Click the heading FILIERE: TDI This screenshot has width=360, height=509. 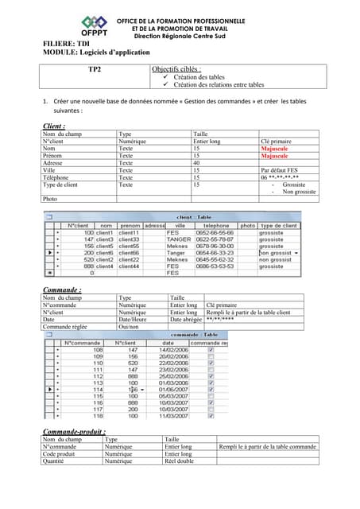[72, 43]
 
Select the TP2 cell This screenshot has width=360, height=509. [94, 69]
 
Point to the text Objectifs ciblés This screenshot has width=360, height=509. [176, 69]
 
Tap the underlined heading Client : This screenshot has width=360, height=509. [53, 126]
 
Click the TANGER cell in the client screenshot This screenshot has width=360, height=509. [178, 239]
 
